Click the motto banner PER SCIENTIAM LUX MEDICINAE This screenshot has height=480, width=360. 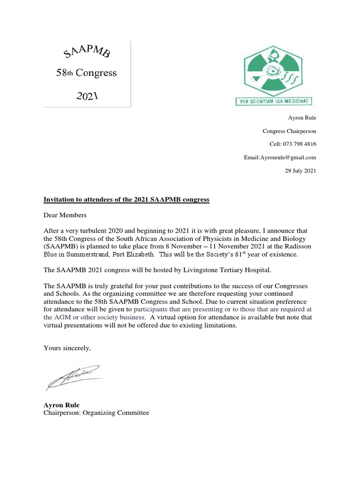point(273,102)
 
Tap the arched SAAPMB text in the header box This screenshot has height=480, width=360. point(87,51)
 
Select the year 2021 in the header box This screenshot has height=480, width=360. point(87,96)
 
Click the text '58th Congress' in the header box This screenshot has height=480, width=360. point(87,73)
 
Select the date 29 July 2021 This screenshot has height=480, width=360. point(300,171)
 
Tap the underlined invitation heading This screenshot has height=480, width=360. point(126,200)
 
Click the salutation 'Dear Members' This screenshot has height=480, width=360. point(65,215)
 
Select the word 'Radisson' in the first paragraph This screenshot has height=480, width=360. point(299,247)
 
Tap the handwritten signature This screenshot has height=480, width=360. point(74,377)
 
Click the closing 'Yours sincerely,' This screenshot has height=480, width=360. point(67,347)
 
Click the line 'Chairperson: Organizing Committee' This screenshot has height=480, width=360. point(96,413)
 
